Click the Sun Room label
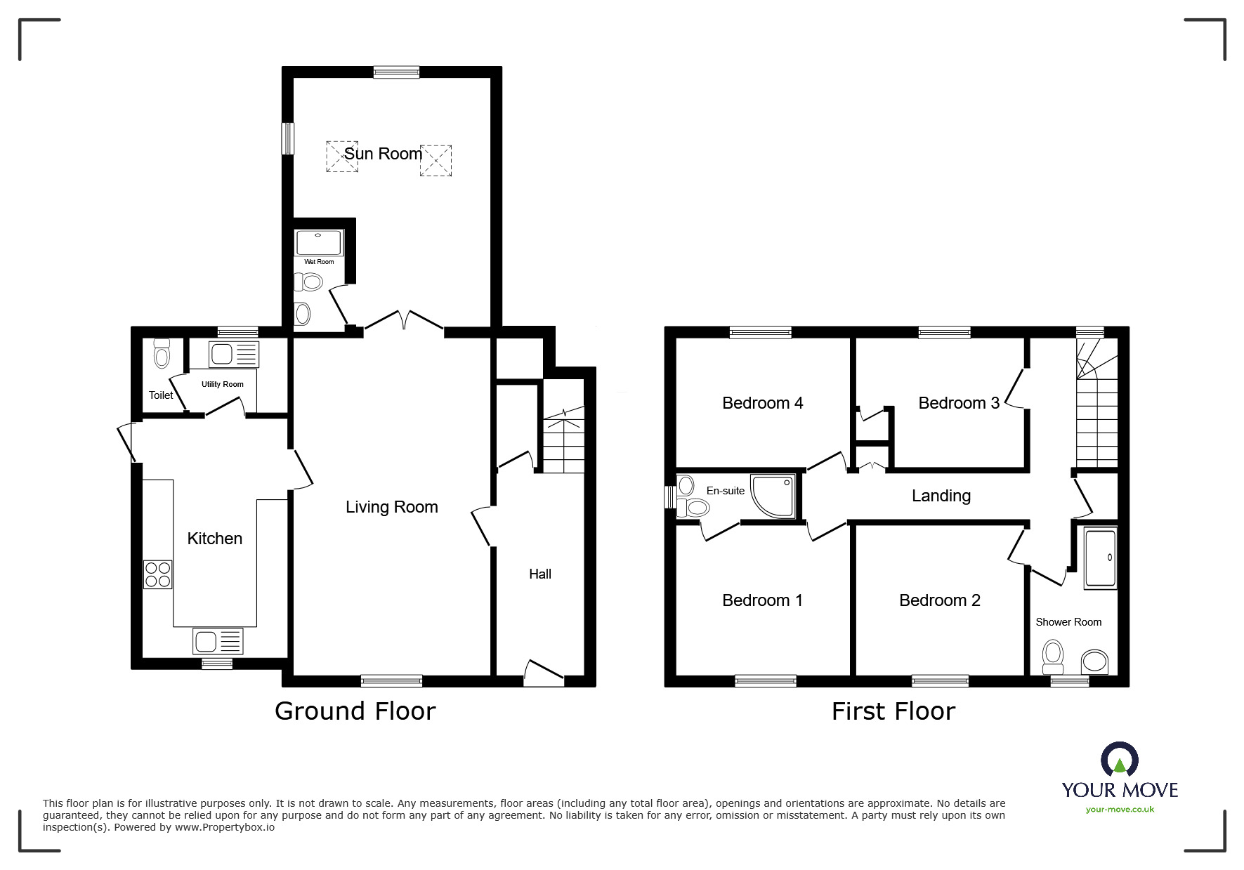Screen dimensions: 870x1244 [383, 154]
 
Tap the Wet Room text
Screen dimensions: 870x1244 [319, 262]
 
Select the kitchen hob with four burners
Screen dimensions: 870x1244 [157, 574]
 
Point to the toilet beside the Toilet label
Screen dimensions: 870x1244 [162, 355]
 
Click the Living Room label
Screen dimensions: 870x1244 [391, 507]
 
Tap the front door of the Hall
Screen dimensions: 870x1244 [544, 673]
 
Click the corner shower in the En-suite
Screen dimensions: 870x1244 [774, 496]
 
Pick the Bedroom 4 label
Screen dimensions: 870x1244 [762, 403]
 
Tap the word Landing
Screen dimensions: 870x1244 [941, 496]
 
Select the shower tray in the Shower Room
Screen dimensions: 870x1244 [1100, 559]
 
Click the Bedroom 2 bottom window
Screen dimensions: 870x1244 [940, 680]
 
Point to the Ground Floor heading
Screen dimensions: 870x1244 [355, 711]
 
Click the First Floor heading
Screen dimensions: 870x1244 [893, 711]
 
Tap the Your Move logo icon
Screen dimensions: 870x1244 [1119, 760]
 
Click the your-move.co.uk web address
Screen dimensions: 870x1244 [1120, 810]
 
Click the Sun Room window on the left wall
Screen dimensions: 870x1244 [287, 138]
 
